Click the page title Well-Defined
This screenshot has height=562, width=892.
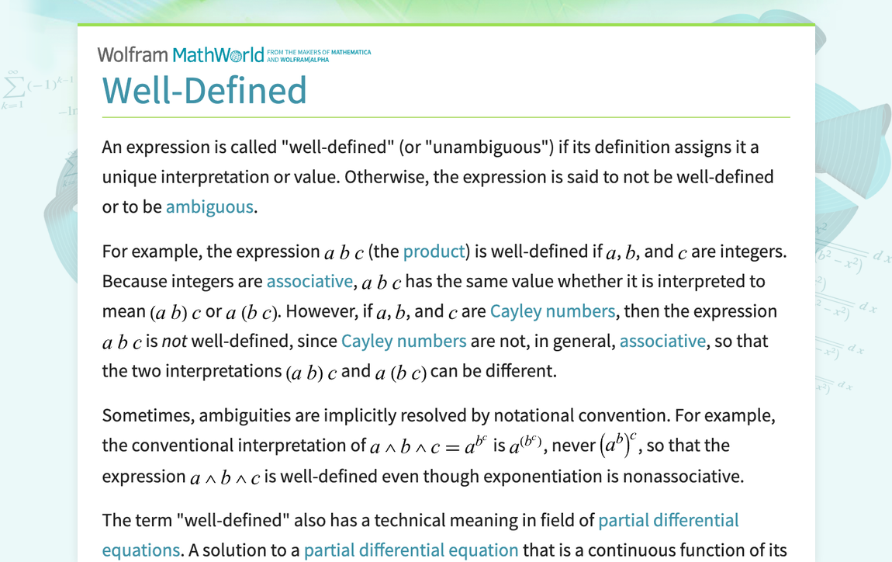pos(205,91)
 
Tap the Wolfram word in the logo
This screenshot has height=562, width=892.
pos(133,54)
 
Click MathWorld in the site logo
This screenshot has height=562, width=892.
pos(218,54)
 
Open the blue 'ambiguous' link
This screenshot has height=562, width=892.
pos(209,206)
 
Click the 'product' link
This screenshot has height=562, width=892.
pos(434,252)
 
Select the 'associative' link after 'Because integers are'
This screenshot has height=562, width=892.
pos(309,281)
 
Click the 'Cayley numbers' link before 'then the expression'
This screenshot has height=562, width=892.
pos(552,311)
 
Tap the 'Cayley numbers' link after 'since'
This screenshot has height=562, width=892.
pos(403,341)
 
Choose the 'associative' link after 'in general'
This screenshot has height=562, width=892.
pos(662,341)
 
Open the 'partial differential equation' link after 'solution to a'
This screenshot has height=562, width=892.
pos(411,550)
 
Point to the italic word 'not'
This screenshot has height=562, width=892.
pos(174,342)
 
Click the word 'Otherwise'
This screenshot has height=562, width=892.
pos(383,177)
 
